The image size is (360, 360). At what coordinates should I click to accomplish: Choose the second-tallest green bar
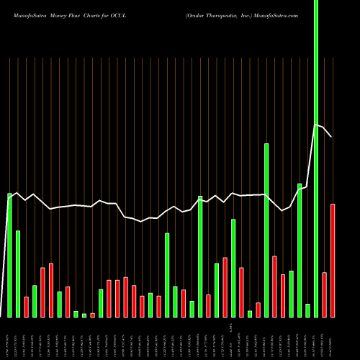pos(266,230)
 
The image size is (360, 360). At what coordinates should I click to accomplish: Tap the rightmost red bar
pos(333,261)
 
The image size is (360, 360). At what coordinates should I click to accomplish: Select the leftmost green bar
pos(9,256)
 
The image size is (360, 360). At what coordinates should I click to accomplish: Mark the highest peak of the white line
pos(315,125)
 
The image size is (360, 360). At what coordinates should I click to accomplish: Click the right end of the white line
pos(331,136)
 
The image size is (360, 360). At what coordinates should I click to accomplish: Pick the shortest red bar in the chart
pos(93,315)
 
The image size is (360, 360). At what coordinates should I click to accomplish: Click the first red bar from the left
pos(27,307)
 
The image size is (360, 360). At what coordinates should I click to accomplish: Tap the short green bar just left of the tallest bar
pos(307,310)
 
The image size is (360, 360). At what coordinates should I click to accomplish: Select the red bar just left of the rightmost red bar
pos(325,294)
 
